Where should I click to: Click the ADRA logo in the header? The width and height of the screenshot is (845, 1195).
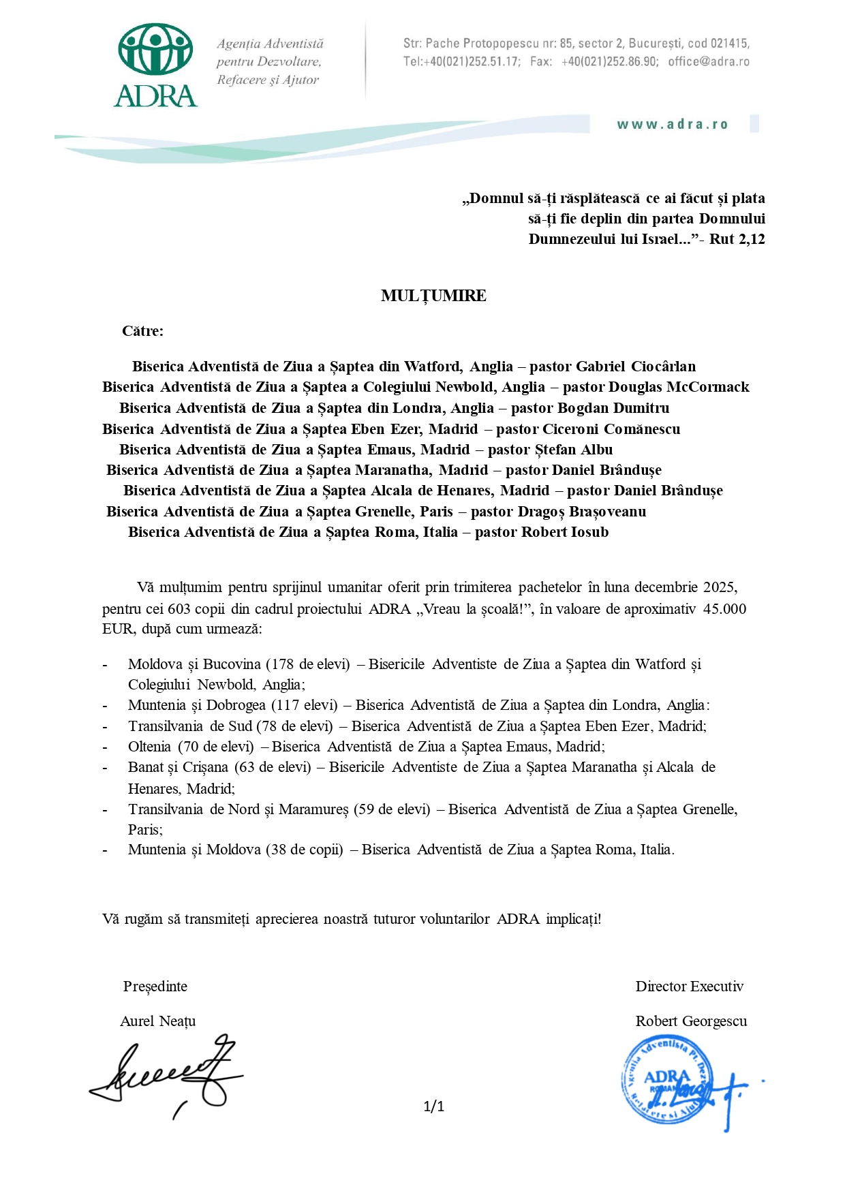pos(156,65)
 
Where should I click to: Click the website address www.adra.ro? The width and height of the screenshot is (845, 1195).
pos(673,125)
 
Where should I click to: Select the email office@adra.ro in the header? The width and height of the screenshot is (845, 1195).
pos(709,62)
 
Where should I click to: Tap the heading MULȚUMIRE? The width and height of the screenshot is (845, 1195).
pos(433,296)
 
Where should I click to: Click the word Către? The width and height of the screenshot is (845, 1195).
pos(142,331)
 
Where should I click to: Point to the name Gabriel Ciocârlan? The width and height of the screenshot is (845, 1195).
pos(636,367)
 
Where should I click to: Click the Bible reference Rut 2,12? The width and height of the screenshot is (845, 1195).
pos(737,239)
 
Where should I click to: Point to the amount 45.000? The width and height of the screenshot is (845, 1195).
pos(724,608)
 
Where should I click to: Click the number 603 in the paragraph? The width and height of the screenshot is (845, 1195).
pos(179,608)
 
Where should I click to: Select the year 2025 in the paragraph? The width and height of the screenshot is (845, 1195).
pos(720,587)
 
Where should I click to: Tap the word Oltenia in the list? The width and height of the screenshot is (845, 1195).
pos(149,747)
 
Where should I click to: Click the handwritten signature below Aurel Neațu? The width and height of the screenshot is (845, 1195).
pos(167,1075)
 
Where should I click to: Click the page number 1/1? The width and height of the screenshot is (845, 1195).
pos(433,1106)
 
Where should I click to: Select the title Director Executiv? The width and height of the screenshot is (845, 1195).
pos(690,987)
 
